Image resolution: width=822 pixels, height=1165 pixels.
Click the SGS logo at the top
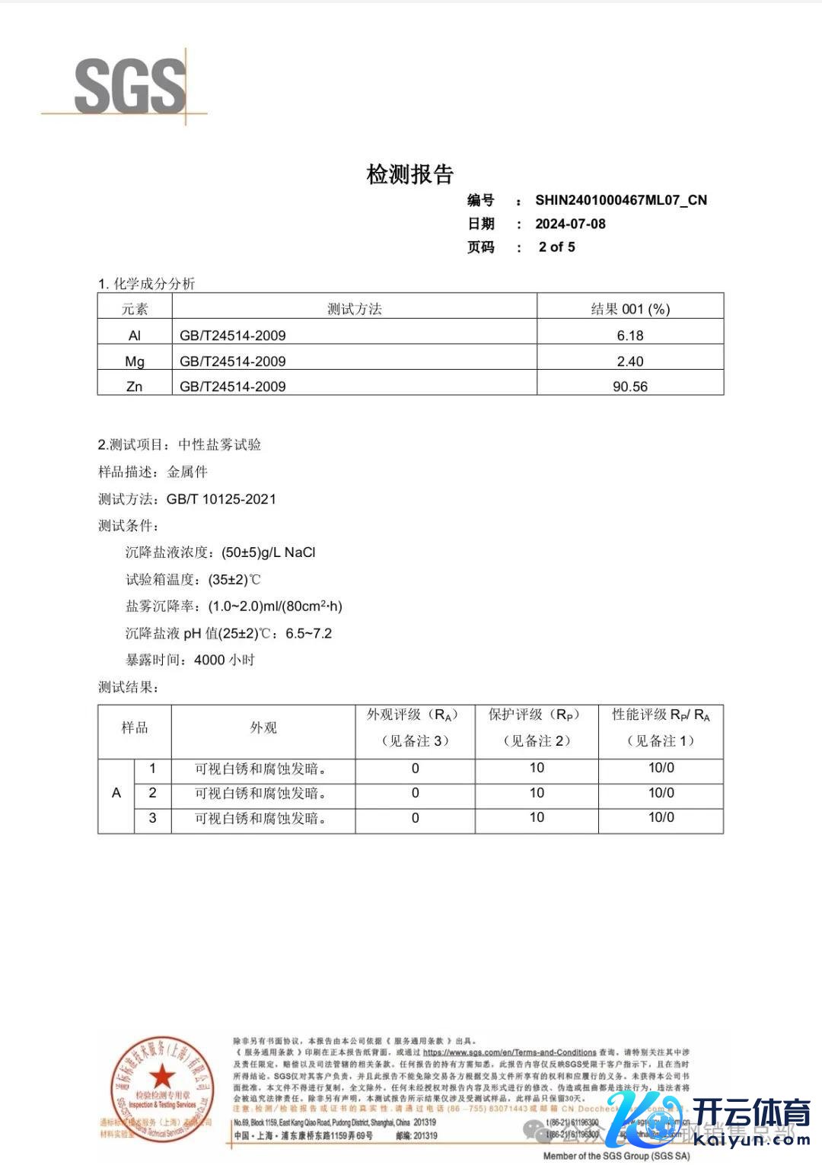click(x=129, y=87)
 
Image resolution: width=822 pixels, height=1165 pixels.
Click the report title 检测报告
click(x=410, y=174)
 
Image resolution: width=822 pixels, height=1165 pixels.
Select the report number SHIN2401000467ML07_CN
click(x=620, y=200)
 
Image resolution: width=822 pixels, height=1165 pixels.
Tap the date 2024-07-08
click(x=570, y=224)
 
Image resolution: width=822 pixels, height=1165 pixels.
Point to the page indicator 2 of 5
click(x=556, y=247)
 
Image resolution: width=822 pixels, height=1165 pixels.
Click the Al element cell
click(x=135, y=336)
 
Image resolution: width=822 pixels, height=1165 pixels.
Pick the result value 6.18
click(x=629, y=336)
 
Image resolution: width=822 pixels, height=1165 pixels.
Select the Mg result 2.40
click(x=629, y=361)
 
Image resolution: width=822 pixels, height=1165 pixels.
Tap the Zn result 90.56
click(x=629, y=387)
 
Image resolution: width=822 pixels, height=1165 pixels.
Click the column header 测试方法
click(x=354, y=309)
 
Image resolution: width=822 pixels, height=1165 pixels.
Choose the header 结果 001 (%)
click(x=629, y=309)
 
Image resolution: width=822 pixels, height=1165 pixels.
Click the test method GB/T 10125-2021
click(x=221, y=499)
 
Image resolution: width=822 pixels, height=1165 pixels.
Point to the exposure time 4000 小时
click(x=224, y=660)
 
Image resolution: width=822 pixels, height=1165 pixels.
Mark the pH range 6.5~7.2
click(x=308, y=633)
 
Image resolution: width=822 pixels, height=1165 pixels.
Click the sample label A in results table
click(x=116, y=793)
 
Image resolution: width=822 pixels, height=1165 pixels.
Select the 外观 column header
click(x=263, y=728)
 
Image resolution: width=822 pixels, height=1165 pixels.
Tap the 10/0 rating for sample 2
click(x=661, y=793)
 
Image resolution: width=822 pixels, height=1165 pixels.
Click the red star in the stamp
click(x=161, y=1077)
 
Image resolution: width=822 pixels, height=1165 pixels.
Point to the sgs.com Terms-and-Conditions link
click(x=509, y=1052)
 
